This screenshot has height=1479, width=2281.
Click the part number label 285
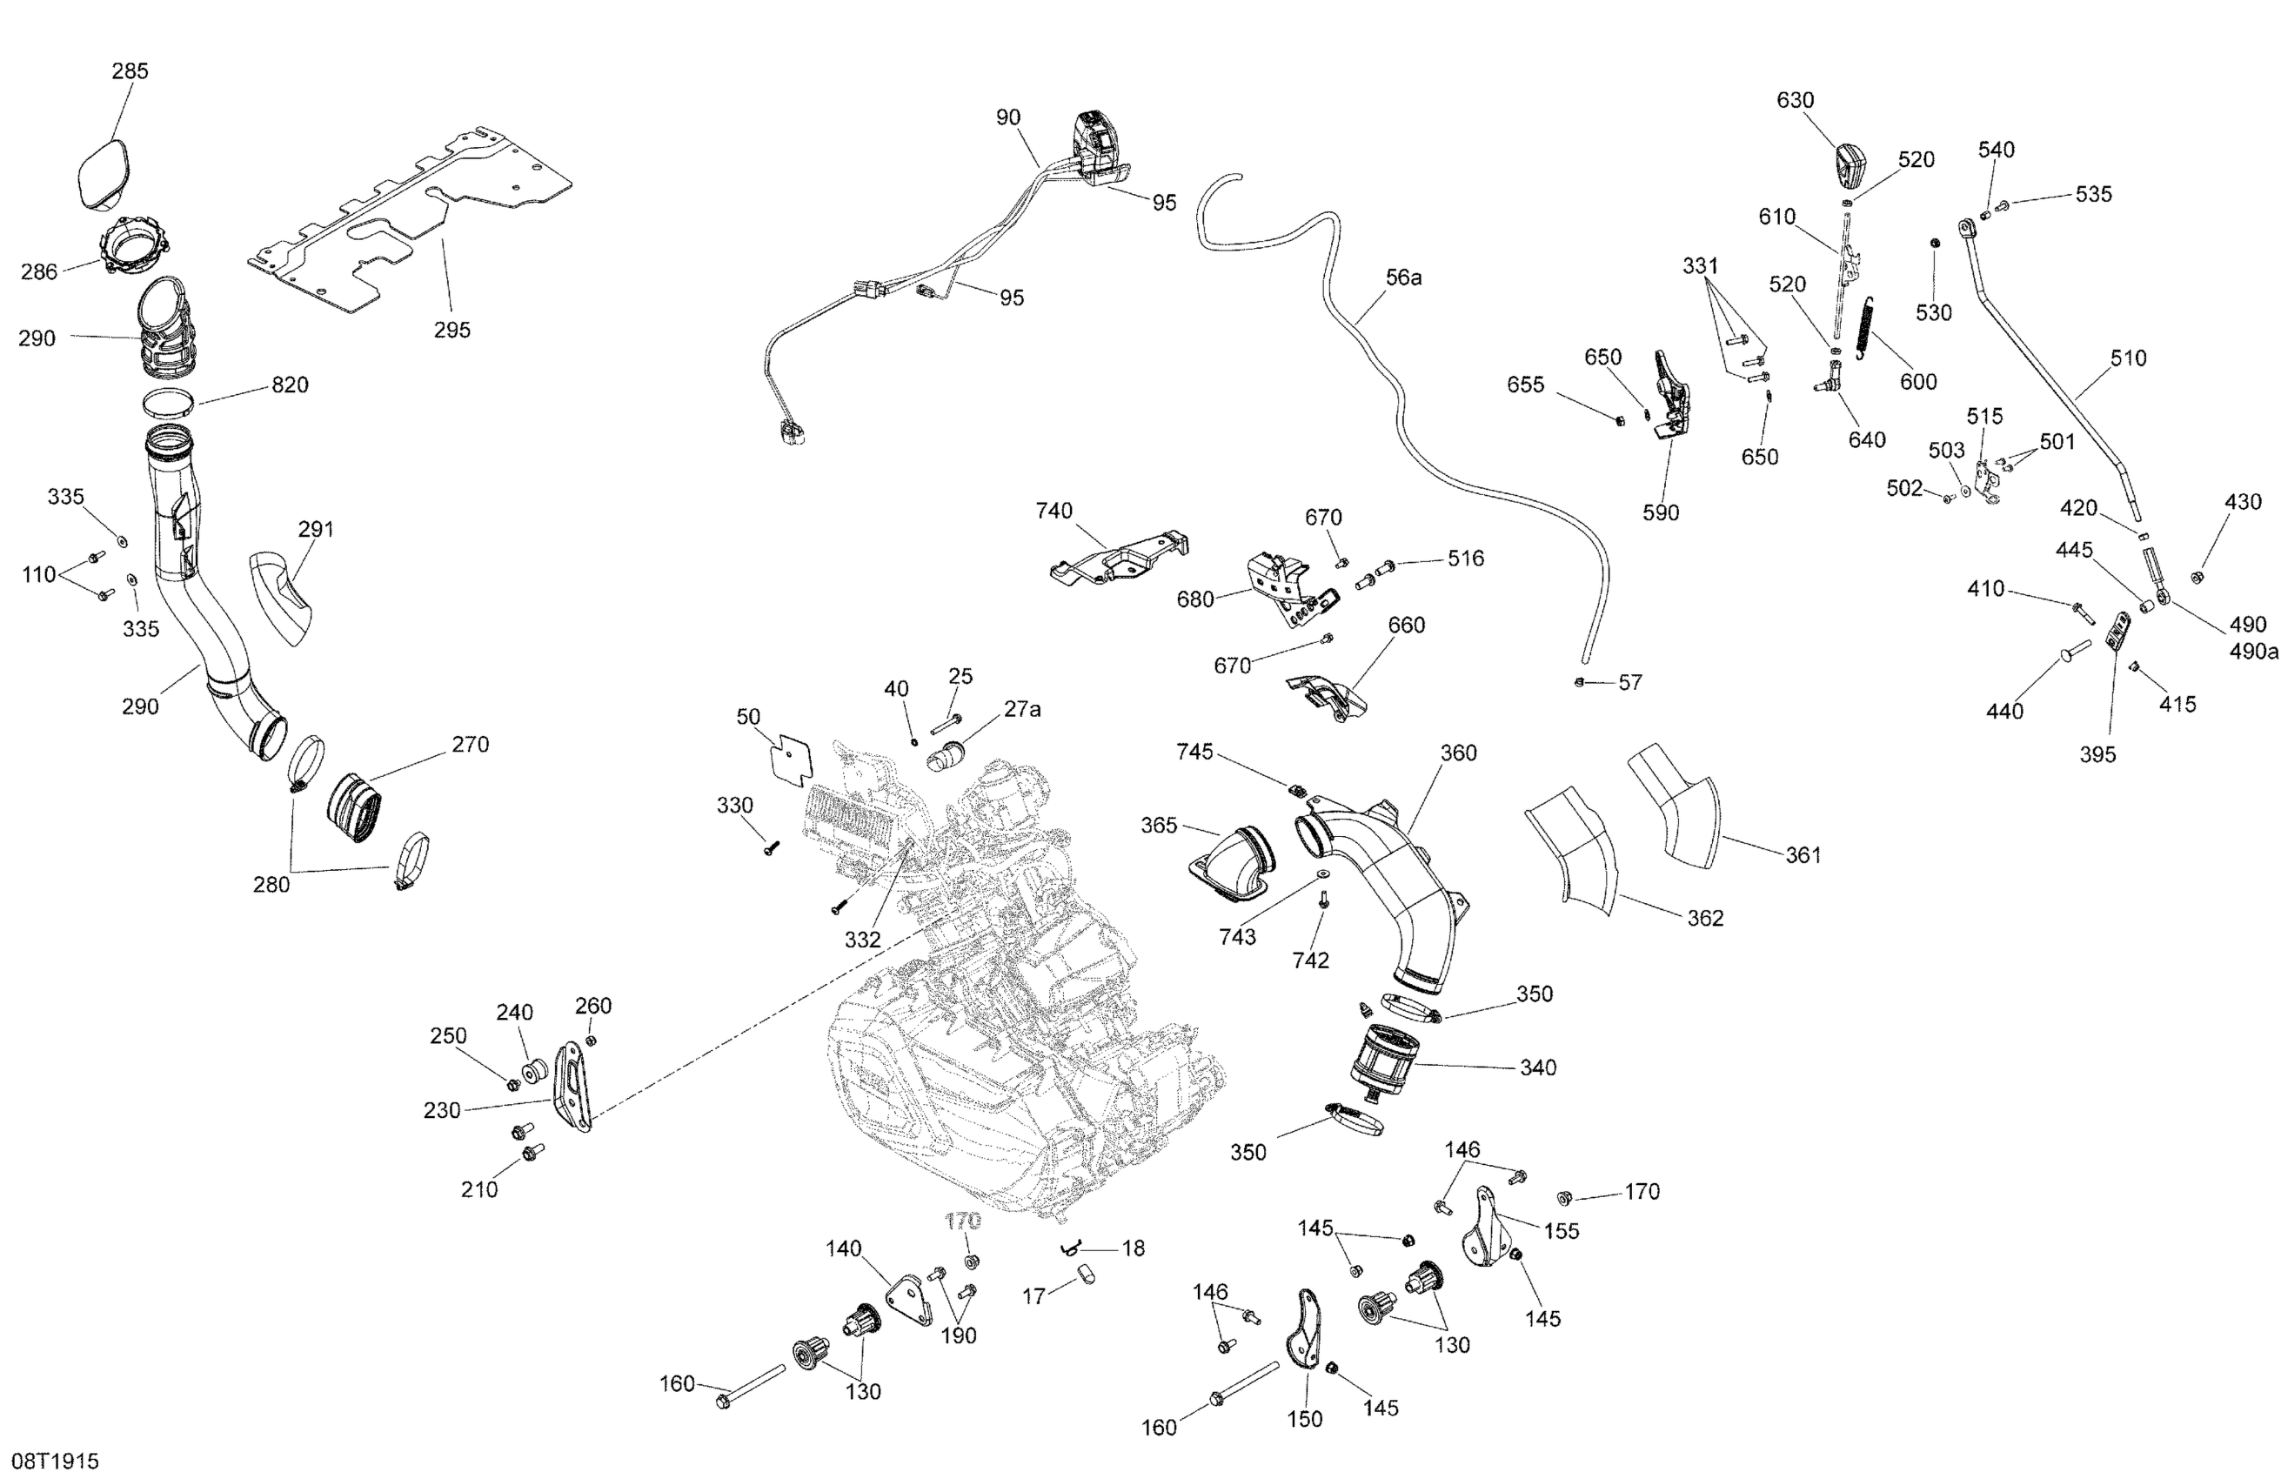pyautogui.click(x=130, y=71)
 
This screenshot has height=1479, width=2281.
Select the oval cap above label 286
pyautogui.click(x=103, y=172)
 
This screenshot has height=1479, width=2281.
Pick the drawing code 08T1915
pyautogui.click(x=56, y=1461)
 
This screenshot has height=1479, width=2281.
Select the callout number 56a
pyautogui.click(x=1404, y=278)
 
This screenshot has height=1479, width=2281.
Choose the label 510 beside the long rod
pyautogui.click(x=2129, y=358)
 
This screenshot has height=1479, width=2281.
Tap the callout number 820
pyautogui.click(x=290, y=385)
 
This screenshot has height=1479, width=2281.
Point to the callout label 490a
pyautogui.click(x=2253, y=652)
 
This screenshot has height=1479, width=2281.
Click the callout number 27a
pyautogui.click(x=1021, y=709)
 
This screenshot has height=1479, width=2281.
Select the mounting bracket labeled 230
pyautogui.click(x=574, y=1087)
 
